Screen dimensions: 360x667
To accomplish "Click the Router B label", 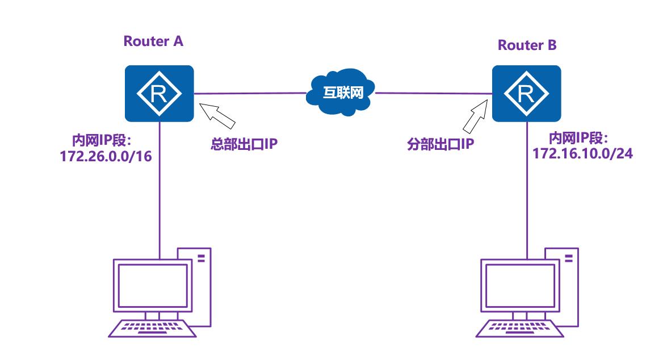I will click(527, 45).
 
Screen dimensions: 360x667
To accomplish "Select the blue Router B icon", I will click(526, 93).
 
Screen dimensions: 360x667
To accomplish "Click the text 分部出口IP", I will click(441, 144).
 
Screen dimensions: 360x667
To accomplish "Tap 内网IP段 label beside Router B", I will click(578, 138).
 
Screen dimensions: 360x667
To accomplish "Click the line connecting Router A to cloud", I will click(250, 93).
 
